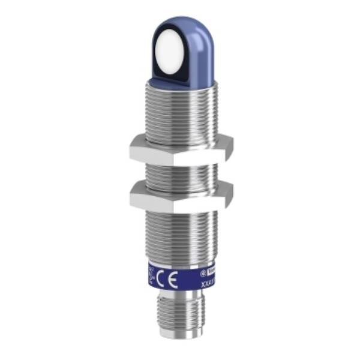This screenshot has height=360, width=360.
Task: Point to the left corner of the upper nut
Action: pyautogui.click(x=131, y=149)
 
